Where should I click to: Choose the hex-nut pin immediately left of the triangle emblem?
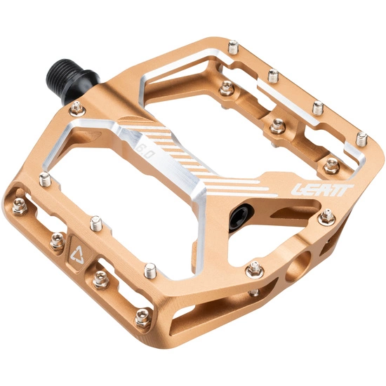55,244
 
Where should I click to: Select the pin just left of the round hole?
255,267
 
